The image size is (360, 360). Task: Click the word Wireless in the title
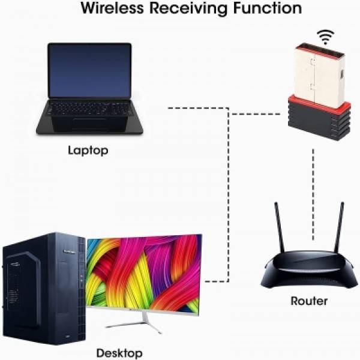click(x=113, y=8)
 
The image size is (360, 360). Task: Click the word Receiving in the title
click(x=189, y=9)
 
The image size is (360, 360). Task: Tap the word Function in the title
click(x=268, y=8)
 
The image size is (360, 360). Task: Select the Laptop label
click(x=88, y=151)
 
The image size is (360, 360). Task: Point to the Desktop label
click(x=119, y=353)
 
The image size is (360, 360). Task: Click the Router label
click(x=309, y=301)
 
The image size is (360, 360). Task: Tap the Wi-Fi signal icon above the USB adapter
click(x=326, y=37)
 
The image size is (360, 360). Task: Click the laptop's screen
click(x=90, y=70)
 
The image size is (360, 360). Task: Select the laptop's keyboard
click(x=89, y=109)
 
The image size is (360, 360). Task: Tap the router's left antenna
click(x=280, y=227)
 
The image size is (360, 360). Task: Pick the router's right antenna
click(x=339, y=227)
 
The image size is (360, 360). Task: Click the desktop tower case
click(x=44, y=289)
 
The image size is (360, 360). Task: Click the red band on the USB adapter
click(x=319, y=103)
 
